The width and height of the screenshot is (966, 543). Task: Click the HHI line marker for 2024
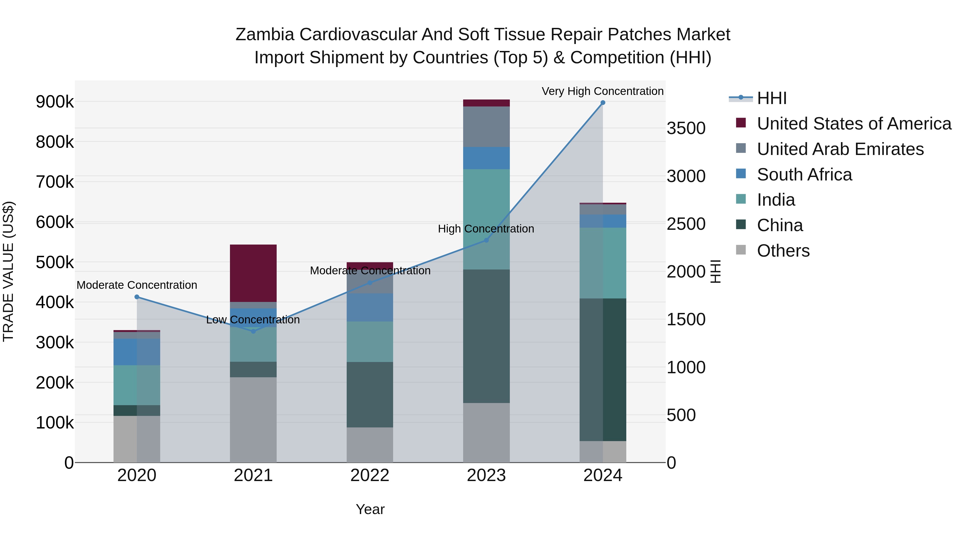[x=603, y=103]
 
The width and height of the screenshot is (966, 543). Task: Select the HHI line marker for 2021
[x=253, y=331]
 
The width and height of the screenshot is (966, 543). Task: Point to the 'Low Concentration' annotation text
[x=253, y=320]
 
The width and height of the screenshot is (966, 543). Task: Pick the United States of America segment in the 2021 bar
[x=253, y=273]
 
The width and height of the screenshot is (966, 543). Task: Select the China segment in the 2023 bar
[x=486, y=336]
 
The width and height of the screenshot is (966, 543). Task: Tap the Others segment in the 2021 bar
[x=253, y=420]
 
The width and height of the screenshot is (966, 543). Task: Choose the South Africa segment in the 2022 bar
[x=369, y=308]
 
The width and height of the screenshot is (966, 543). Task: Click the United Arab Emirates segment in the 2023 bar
[x=486, y=127]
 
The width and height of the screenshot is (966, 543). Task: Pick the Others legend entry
[x=783, y=251]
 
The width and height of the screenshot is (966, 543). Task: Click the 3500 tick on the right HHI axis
[x=686, y=128]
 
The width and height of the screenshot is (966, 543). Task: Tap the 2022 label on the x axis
[x=369, y=475]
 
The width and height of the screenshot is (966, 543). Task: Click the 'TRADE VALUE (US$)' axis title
[x=8, y=271]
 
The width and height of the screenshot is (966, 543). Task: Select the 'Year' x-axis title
[x=370, y=509]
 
